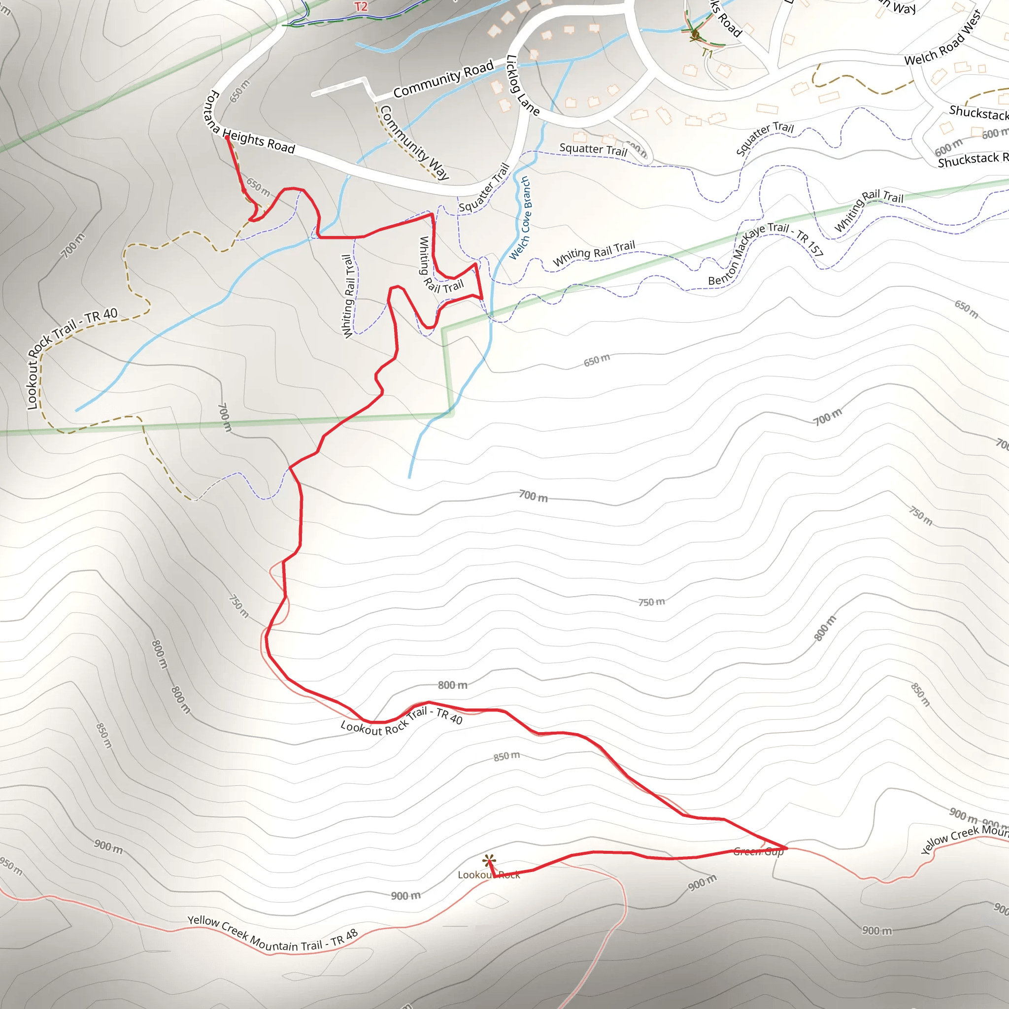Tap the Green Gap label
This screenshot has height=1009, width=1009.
[x=758, y=852]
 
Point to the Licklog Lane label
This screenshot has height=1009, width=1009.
[x=522, y=85]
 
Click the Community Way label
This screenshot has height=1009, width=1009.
[x=414, y=142]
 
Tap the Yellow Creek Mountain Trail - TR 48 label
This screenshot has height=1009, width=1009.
[x=272, y=934]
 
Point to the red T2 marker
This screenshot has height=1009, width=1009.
[x=361, y=7]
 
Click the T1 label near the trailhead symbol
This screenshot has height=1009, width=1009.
[x=706, y=53]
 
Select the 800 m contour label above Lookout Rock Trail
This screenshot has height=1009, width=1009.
[x=452, y=685]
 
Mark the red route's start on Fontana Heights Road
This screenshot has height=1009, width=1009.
[x=227, y=137]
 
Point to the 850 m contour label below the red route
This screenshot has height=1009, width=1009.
[x=506, y=756]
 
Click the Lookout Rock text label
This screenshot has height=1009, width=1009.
[x=488, y=875]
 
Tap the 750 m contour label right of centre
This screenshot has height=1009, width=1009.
[x=651, y=602]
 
